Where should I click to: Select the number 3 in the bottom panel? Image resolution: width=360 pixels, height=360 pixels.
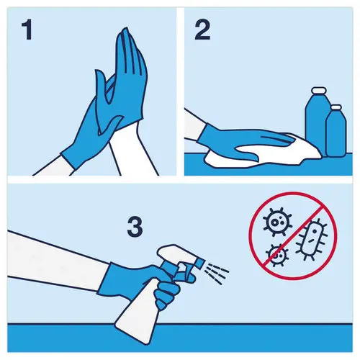[134, 227]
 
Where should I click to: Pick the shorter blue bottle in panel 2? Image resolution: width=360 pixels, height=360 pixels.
[336, 133]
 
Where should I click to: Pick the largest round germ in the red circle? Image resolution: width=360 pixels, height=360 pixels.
[276, 222]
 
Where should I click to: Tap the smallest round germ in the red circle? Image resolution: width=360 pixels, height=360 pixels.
[274, 253]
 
